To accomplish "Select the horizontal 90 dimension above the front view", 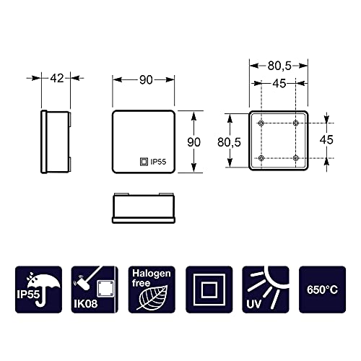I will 146,80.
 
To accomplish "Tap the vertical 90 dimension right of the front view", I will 193,142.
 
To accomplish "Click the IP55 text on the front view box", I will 159,163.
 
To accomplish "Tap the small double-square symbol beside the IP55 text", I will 143,163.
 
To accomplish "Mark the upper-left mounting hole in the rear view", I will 261,123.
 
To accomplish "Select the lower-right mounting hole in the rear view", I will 296,157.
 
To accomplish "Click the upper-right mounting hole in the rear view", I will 296,123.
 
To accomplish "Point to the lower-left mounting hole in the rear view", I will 261,157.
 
